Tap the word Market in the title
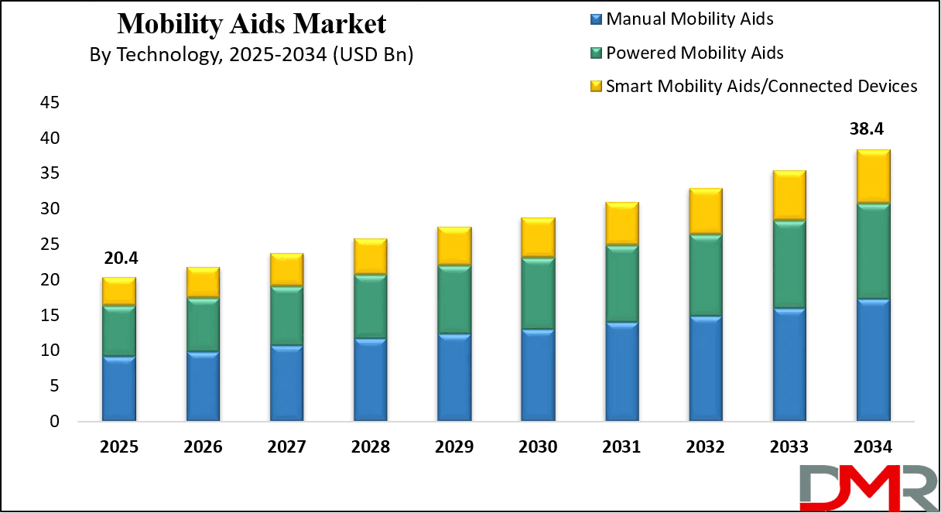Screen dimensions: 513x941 (342, 25)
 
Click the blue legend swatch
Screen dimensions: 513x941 (596, 19)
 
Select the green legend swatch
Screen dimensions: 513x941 (596, 53)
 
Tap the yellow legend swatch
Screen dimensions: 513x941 (596, 86)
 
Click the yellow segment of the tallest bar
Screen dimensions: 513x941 (873, 176)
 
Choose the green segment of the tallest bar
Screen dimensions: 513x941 (873, 251)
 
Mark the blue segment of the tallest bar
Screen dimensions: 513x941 (873, 361)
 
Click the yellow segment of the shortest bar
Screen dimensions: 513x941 (119, 291)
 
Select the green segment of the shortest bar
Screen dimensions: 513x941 (119, 331)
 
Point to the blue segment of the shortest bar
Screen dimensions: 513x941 (119, 389)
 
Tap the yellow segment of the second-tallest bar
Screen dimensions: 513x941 (789, 195)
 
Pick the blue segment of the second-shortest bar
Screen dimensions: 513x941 (203, 387)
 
